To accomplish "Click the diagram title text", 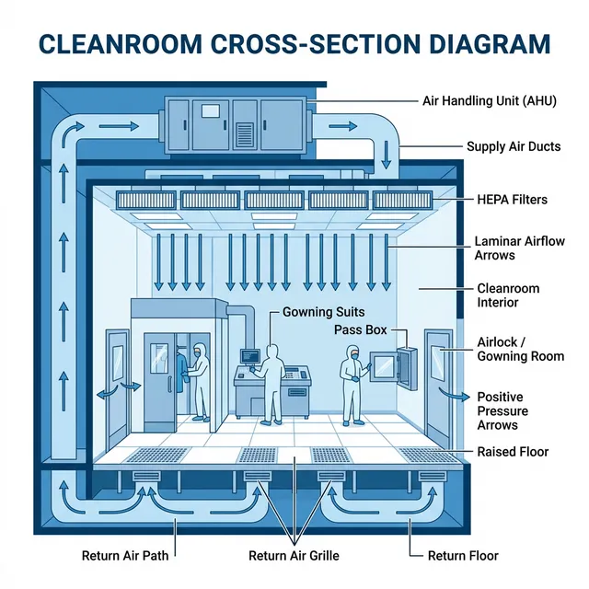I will (294, 44).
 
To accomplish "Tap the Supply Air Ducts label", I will (513, 146).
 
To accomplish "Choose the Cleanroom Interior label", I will (508, 295).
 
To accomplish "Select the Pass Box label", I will (360, 329).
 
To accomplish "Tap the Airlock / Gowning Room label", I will (520, 349).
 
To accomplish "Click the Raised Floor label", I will (513, 452).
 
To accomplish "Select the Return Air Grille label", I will (294, 555).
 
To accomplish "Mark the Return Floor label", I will (463, 555).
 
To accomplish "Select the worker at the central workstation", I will (271, 383).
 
